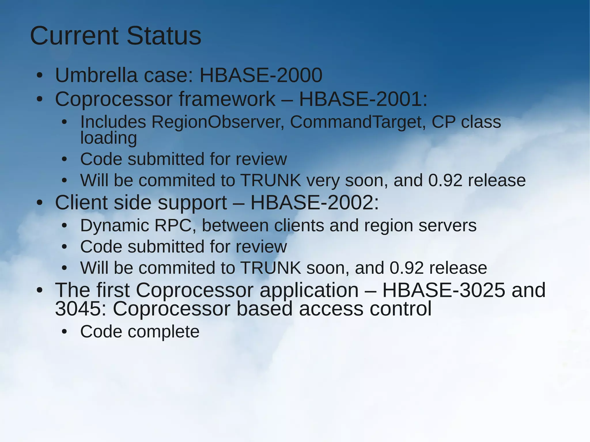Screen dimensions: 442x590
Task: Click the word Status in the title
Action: (x=164, y=36)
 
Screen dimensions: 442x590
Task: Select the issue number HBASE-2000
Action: (x=261, y=75)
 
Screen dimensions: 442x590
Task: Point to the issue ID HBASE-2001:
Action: (x=363, y=99)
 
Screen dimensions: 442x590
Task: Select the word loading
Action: (x=108, y=138)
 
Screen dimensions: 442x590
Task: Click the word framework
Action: (x=227, y=99)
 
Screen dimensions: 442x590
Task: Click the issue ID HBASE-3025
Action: (x=444, y=290)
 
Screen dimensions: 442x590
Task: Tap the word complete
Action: (x=163, y=332)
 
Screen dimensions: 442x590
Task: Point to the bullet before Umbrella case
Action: (x=39, y=76)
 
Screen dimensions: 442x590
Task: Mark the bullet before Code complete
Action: (x=64, y=332)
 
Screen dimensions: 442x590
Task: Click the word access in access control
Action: (x=331, y=309)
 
